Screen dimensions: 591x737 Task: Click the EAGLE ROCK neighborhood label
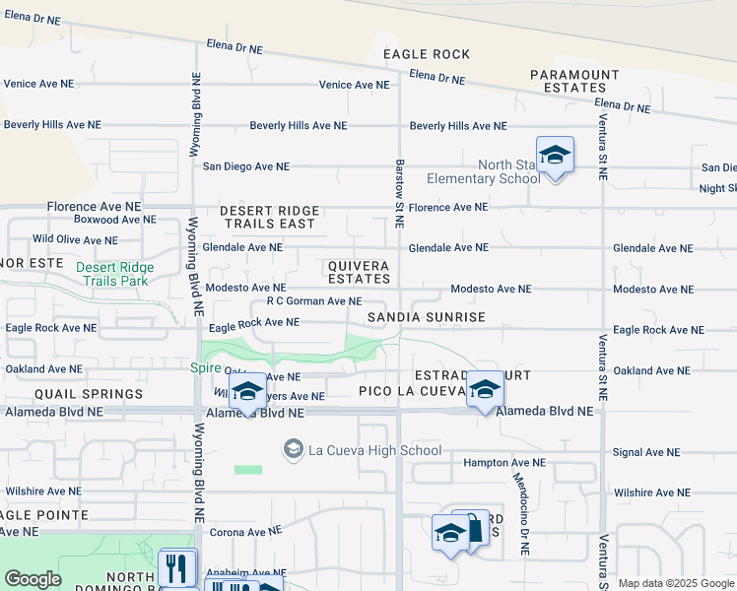427,54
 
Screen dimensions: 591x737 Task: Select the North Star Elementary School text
483,171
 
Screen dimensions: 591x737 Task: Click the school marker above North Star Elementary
555,155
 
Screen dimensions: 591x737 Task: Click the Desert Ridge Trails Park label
125,274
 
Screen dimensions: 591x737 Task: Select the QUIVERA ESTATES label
359,273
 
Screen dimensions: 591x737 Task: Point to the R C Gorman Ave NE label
314,301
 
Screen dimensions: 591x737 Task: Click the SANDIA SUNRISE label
427,317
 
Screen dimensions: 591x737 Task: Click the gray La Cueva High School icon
293,449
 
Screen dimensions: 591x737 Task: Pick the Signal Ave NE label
646,453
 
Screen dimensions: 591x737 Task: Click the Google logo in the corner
33,579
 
